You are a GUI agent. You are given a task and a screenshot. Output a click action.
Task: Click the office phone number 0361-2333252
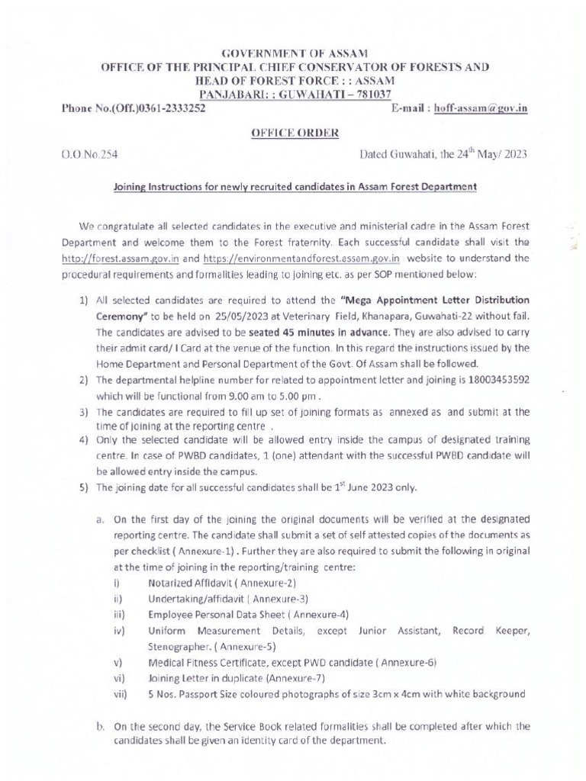[x=170, y=108]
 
